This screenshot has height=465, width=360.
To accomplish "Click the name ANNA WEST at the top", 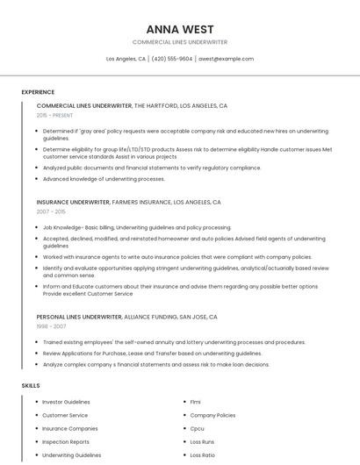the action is [x=179, y=29].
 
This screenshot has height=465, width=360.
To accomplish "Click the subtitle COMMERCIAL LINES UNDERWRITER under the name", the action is [x=179, y=42].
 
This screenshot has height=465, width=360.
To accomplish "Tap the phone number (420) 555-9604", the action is [x=171, y=59].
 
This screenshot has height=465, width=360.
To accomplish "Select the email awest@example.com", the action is [x=226, y=59].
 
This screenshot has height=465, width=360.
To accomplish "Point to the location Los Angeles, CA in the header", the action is [x=126, y=59].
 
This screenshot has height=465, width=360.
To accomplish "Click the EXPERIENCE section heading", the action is [x=38, y=92].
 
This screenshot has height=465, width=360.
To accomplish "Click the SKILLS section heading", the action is [x=31, y=385].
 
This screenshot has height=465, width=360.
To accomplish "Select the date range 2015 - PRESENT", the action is [x=54, y=115].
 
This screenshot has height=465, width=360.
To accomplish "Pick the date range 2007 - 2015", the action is [x=51, y=211].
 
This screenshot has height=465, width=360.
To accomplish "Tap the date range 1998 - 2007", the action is [x=51, y=326].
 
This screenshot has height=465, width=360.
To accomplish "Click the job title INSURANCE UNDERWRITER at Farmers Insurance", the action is [x=73, y=202].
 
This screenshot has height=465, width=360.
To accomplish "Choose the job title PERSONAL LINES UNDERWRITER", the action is [x=79, y=317].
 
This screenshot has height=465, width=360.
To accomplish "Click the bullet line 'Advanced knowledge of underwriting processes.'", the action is [x=104, y=179].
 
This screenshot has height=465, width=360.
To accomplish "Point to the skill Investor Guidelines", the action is [x=66, y=402].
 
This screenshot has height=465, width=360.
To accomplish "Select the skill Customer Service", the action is [x=65, y=415].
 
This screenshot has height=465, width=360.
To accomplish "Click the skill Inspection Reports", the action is [x=66, y=442].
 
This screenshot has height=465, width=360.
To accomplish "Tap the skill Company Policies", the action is [x=212, y=415].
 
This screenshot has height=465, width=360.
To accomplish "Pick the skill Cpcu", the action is [x=198, y=429].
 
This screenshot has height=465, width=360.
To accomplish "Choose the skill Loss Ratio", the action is [x=203, y=455].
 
